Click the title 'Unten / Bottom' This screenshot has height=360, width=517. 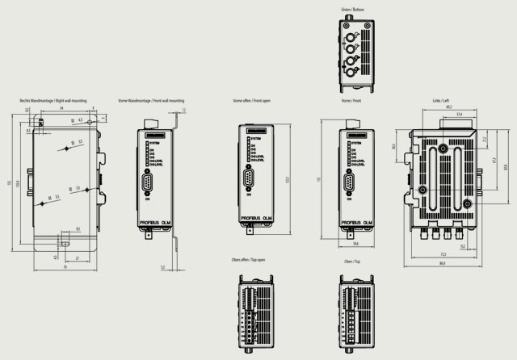click(x=352, y=10)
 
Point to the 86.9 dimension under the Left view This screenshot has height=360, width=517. click(x=442, y=264)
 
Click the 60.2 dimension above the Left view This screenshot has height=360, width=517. click(x=448, y=108)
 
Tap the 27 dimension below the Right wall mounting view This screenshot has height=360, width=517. click(x=77, y=258)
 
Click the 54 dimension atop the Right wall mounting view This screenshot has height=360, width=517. click(x=61, y=108)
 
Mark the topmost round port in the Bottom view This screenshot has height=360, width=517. click(x=351, y=36)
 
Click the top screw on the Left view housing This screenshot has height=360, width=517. click(x=443, y=150)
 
